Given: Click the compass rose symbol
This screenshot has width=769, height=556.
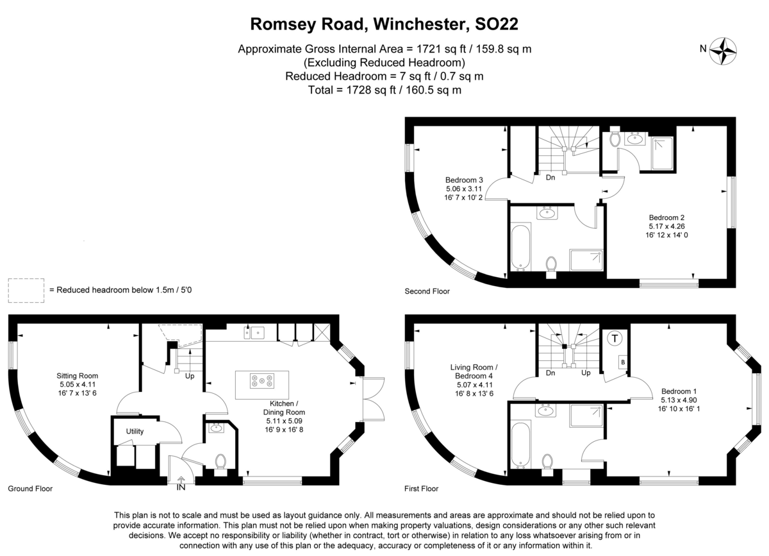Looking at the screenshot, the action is tap(723, 51).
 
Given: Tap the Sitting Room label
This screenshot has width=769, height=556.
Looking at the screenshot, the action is tap(78, 376).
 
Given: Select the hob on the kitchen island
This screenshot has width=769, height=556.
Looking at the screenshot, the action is tap(262, 380).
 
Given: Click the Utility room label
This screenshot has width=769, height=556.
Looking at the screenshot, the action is tap(135, 431).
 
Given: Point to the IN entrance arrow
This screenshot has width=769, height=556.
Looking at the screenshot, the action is tap(181, 480).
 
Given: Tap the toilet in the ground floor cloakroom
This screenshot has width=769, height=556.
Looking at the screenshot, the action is tap(220, 463).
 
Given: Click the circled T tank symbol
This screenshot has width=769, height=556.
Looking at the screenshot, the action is tap(615, 339).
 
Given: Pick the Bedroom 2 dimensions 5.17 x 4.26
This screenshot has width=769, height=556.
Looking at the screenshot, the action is tap(666, 226).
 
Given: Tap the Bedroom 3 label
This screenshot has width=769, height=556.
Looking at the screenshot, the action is tap(464, 180).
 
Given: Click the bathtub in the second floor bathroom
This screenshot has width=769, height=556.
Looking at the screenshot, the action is tap(521, 246).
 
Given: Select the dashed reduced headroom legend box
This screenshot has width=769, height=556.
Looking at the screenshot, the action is tap(26, 291).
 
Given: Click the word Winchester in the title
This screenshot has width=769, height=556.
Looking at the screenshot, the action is tap(422, 24).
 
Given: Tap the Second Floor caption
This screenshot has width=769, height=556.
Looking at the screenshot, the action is tap(427, 291).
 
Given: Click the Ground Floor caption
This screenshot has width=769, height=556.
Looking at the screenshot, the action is tap(30, 488).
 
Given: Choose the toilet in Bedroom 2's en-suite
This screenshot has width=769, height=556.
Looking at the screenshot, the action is tap(614, 139).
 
